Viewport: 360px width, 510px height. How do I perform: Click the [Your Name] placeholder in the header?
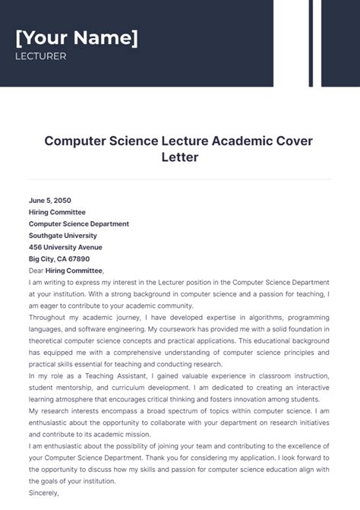(x=77, y=38)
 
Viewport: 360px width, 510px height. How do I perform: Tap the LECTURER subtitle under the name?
(x=40, y=56)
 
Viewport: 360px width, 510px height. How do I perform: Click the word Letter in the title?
(x=179, y=158)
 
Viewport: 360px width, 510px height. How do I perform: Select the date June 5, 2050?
(x=51, y=201)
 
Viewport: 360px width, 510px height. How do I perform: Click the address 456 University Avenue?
(x=65, y=247)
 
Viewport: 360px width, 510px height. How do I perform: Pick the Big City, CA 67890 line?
(x=59, y=258)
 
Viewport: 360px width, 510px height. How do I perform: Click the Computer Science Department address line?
(x=79, y=224)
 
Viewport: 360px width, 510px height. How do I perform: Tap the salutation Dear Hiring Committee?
(x=66, y=270)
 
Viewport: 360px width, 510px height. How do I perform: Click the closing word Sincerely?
(x=43, y=492)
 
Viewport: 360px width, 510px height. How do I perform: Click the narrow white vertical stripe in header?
(x=316, y=43)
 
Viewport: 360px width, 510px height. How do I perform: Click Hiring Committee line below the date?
(x=57, y=212)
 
